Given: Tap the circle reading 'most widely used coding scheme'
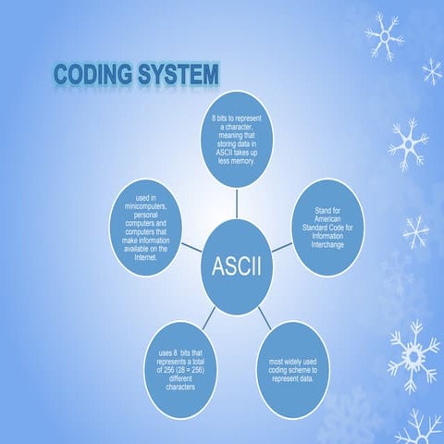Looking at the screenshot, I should [294, 368].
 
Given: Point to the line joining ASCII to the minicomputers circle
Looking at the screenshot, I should [191, 249].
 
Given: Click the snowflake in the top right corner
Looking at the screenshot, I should [383, 36].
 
